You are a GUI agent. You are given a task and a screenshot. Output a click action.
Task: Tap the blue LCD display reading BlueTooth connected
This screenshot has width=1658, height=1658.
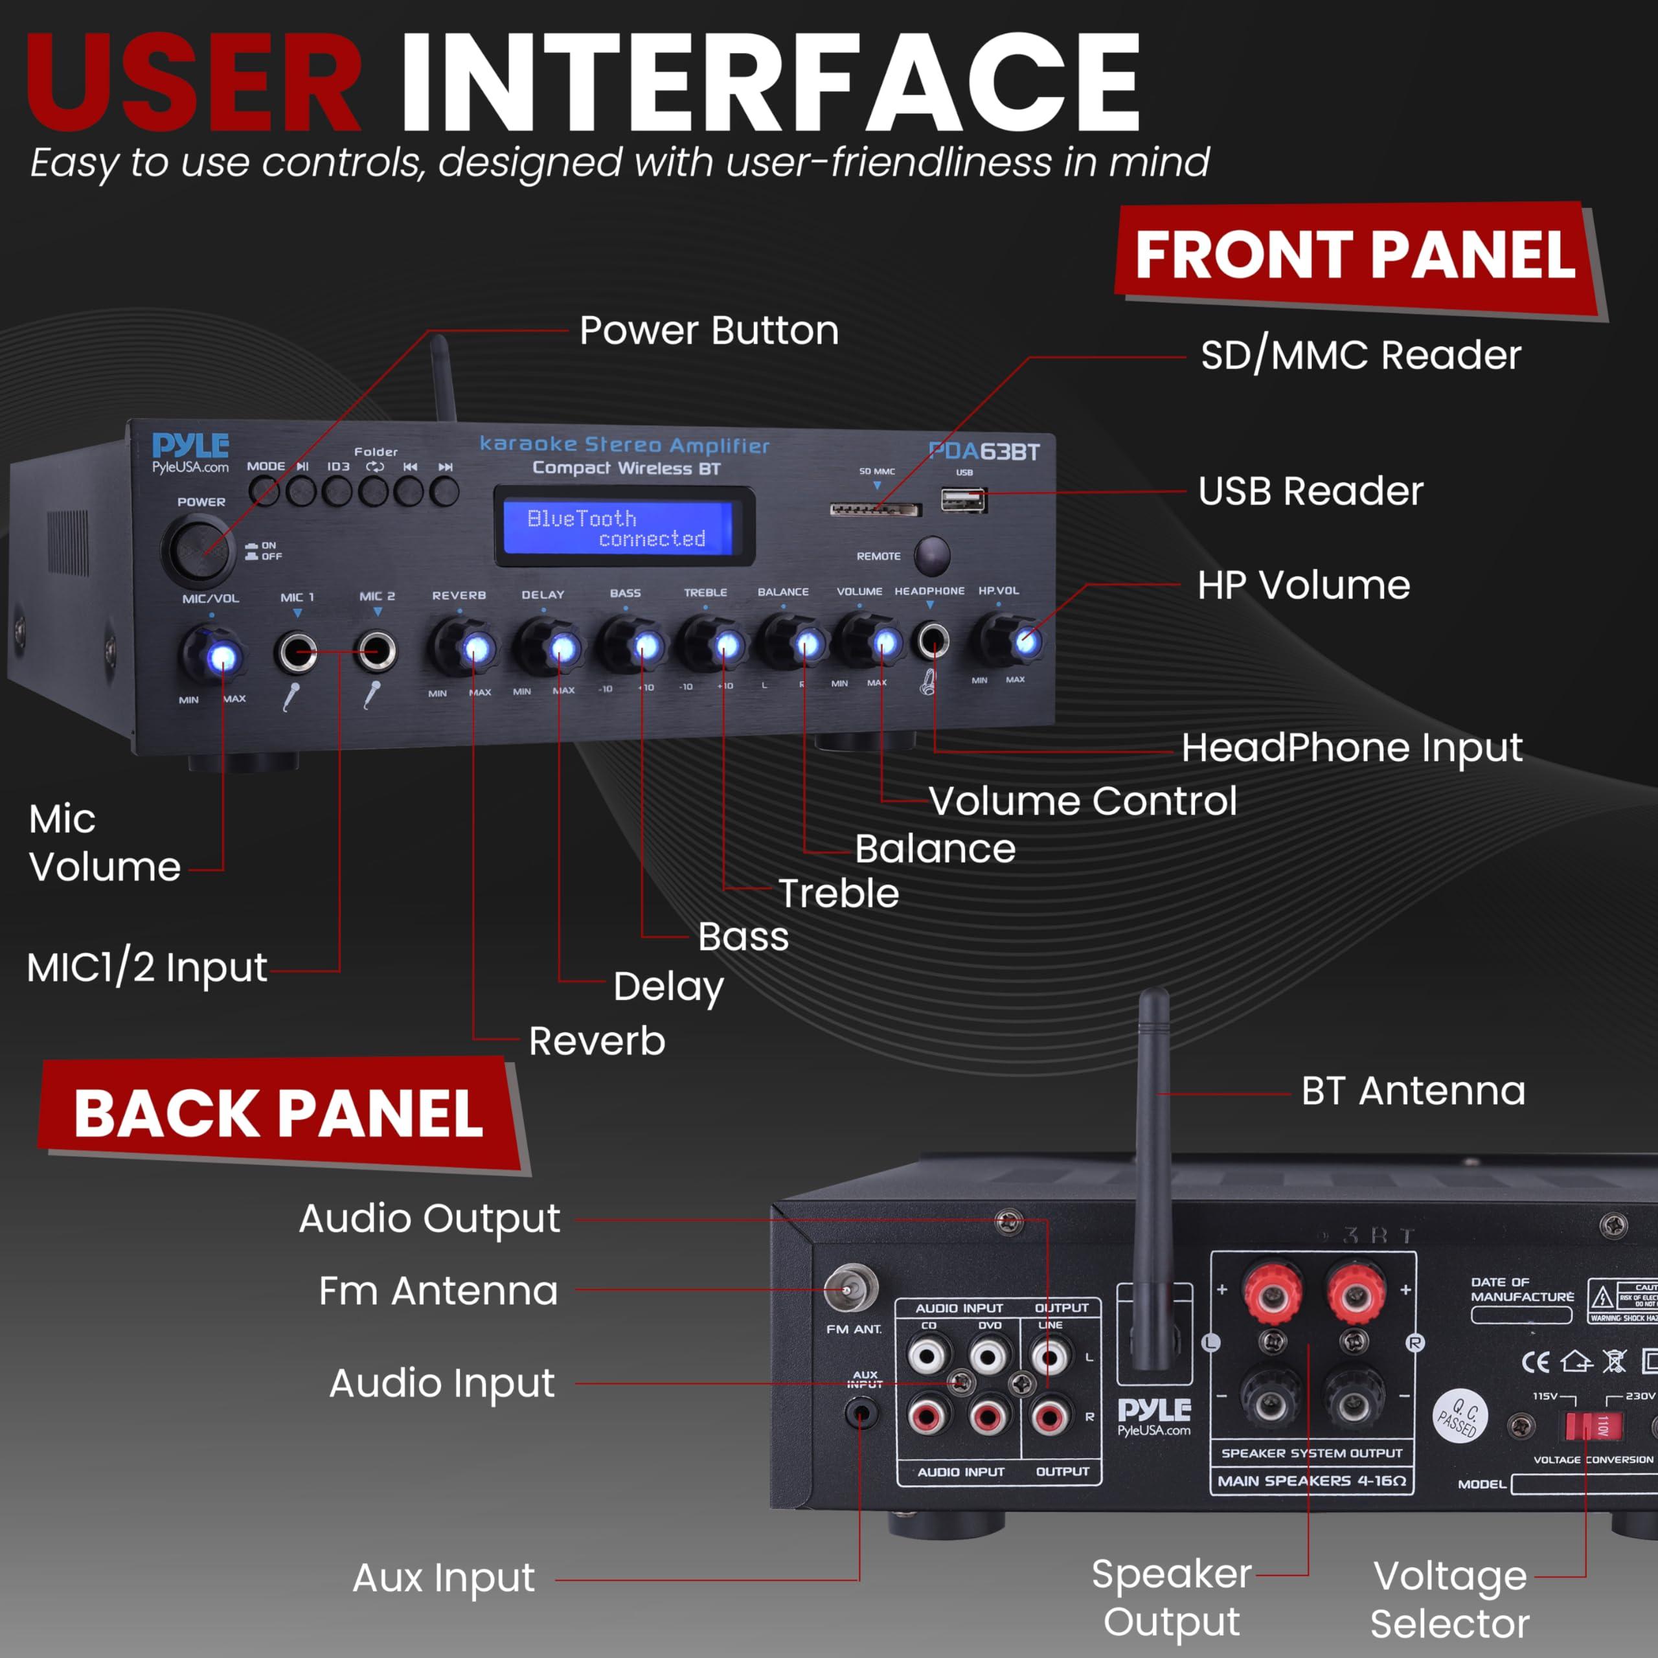point(624,527)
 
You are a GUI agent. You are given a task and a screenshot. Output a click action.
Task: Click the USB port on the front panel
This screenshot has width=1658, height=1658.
point(963,499)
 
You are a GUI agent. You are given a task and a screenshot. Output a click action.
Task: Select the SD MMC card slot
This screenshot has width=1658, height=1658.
point(874,510)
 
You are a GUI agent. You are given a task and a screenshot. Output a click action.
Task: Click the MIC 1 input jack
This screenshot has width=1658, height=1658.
point(296,652)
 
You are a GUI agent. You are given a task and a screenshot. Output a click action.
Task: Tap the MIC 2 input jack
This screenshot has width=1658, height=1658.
point(377,650)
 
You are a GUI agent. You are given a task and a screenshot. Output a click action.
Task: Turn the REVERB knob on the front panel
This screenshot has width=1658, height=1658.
point(464,647)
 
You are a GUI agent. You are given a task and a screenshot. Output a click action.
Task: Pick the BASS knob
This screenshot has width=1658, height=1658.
point(633,645)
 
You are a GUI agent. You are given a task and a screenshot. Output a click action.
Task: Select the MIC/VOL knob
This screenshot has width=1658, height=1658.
point(211,655)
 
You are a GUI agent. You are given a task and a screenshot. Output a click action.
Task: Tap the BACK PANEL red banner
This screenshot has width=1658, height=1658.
point(279,1113)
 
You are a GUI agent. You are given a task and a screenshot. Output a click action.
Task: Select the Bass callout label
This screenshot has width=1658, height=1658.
point(743,937)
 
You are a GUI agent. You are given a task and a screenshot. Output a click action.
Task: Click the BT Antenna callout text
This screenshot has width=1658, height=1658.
point(1413,1091)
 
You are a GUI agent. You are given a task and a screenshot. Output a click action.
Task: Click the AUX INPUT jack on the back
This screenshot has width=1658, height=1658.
point(861,1412)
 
